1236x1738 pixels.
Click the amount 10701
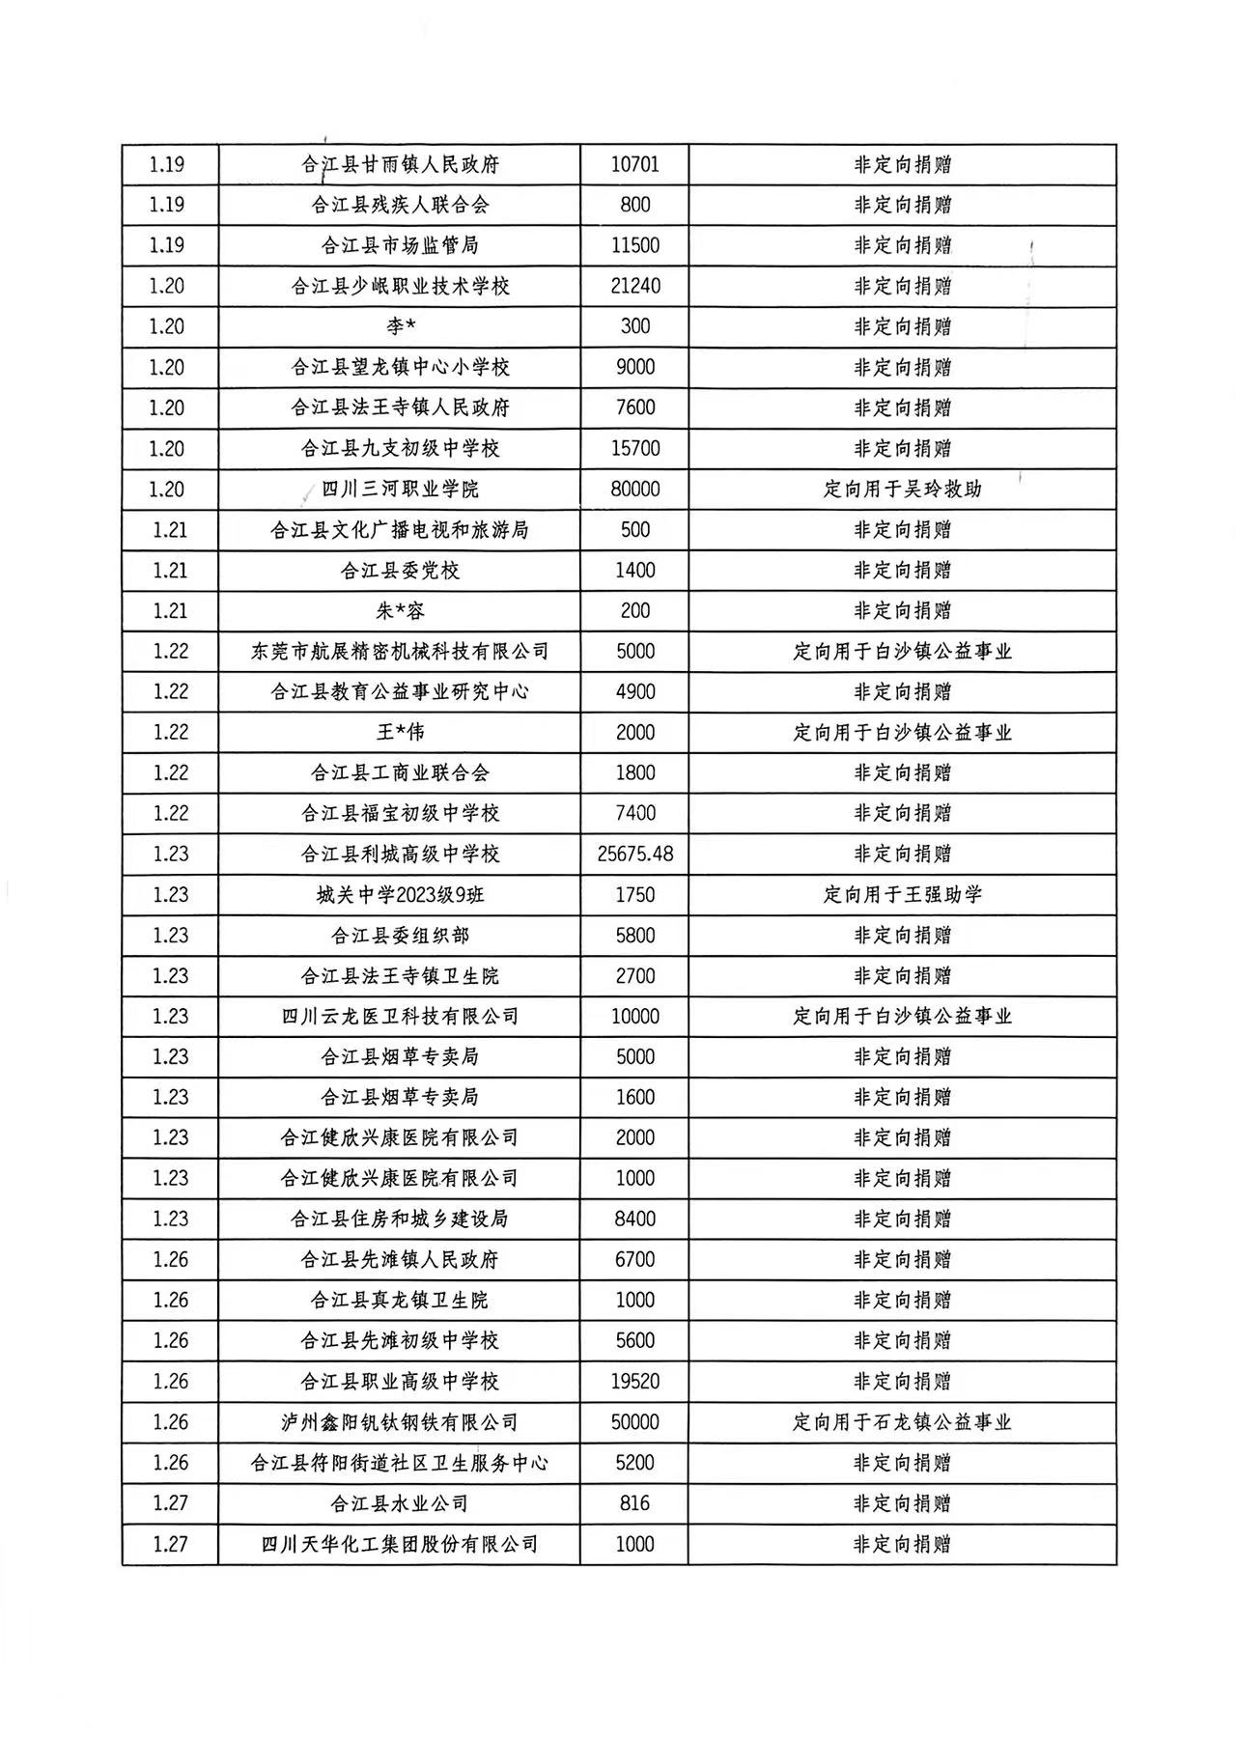(x=634, y=164)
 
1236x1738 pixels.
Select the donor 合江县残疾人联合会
(x=400, y=205)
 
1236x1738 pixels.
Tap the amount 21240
(x=634, y=286)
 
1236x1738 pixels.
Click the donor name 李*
(x=400, y=326)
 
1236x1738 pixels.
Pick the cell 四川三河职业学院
(x=400, y=489)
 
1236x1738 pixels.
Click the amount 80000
(x=634, y=489)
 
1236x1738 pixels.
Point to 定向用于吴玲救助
(x=902, y=489)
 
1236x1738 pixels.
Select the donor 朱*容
(x=400, y=610)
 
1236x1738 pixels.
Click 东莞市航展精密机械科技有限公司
(x=400, y=651)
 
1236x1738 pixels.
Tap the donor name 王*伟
(x=400, y=732)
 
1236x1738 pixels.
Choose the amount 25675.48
(x=634, y=854)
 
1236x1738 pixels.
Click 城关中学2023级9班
(x=400, y=894)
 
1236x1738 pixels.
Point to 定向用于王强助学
(x=902, y=894)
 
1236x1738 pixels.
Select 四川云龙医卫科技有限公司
(x=400, y=1016)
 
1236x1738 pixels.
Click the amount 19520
(x=634, y=1381)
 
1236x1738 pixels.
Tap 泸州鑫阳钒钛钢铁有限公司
(x=400, y=1421)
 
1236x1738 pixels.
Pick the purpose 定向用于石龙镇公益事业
(x=902, y=1421)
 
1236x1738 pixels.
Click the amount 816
(x=634, y=1502)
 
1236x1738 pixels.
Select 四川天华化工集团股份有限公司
(x=400, y=1543)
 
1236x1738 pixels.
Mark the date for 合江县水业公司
(x=170, y=1502)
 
